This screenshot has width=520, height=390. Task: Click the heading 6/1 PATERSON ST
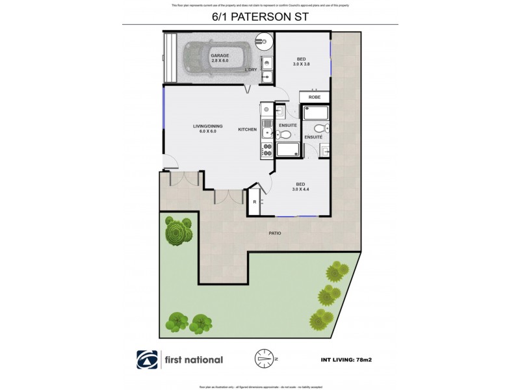[259, 17]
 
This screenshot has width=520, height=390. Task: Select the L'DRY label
[251, 70]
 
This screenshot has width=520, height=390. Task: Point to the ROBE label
[315, 97]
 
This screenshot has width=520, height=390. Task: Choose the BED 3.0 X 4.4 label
[300, 186]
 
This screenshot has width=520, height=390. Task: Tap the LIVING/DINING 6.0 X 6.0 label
[208, 129]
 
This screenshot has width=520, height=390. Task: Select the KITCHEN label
[247, 129]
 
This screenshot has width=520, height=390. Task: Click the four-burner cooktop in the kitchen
[267, 151]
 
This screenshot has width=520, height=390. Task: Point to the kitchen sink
[267, 110]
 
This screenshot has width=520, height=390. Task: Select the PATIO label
[276, 232]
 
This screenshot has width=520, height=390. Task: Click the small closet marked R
[255, 202]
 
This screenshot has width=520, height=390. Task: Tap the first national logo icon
[146, 359]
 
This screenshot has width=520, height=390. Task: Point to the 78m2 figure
[369, 359]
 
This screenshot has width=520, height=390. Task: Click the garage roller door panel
[170, 58]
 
